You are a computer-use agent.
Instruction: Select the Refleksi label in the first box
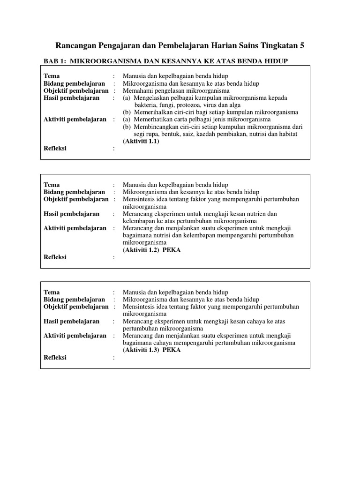(x=55, y=149)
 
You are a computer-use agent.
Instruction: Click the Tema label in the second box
(x=52, y=185)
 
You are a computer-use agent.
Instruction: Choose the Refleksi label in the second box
(x=55, y=257)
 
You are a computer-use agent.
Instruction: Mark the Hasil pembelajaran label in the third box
(x=71, y=322)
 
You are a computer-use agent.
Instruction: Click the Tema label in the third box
(x=52, y=292)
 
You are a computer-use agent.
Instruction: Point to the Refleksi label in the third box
(x=55, y=358)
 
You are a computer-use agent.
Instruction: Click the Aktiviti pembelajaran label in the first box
(x=75, y=120)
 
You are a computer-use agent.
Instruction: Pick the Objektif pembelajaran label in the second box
(x=76, y=199)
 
